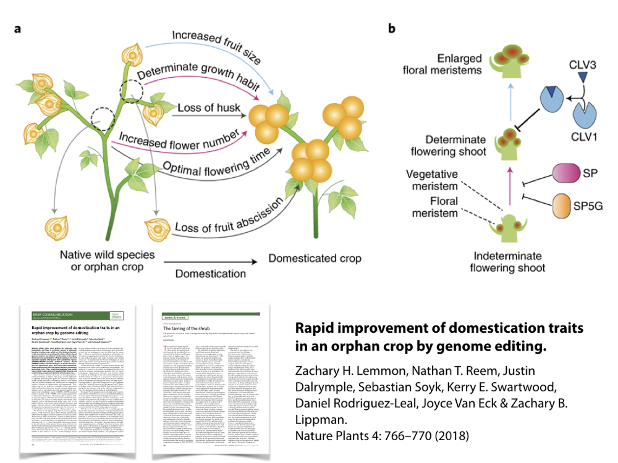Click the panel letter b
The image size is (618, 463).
click(x=391, y=29)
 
